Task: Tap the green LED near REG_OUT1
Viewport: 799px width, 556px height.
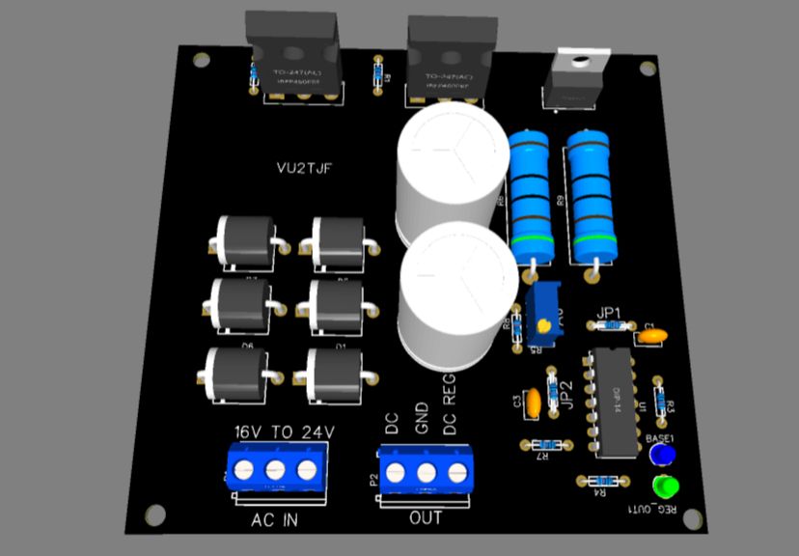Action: (664, 486)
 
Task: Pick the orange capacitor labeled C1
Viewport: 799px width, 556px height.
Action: (652, 336)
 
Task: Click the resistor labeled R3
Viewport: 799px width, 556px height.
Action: (659, 397)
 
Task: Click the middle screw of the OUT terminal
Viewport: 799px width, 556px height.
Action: (426, 472)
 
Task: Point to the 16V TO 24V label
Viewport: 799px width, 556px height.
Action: (284, 431)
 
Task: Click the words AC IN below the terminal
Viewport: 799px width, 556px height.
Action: (274, 521)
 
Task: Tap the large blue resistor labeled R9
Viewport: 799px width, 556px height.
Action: (587, 195)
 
